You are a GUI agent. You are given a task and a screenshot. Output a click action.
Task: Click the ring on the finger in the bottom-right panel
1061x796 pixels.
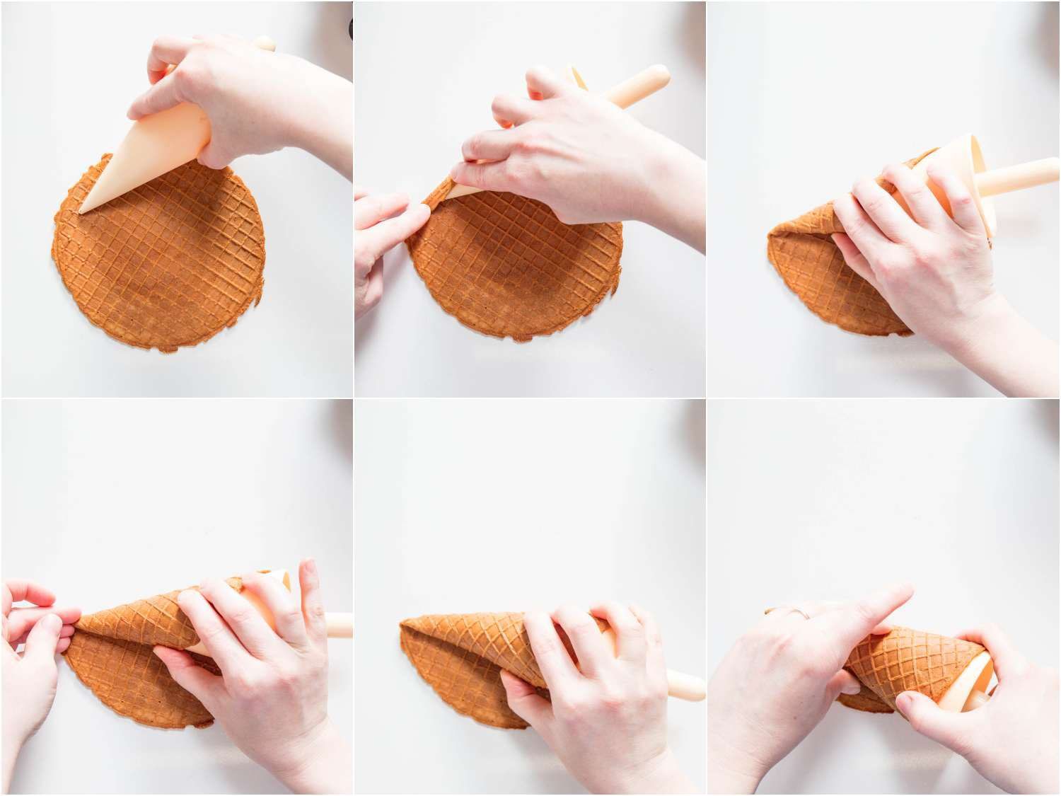point(799,613)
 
